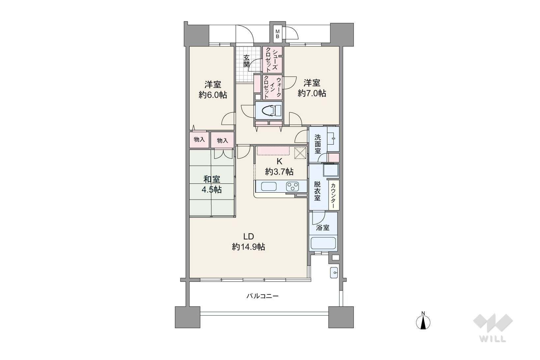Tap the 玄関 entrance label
[x=246, y=61]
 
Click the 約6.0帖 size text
[x=213, y=95]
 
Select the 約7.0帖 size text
[x=312, y=94]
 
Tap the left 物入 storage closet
[x=199, y=140]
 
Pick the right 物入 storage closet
[x=222, y=140]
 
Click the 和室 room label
[x=212, y=180]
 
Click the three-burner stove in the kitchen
[x=292, y=187]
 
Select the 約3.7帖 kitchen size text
[x=279, y=172]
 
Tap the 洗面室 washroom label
[x=318, y=144]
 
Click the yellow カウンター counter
[x=333, y=195]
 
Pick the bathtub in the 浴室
[x=323, y=243]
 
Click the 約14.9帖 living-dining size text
[x=248, y=247]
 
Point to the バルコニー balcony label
[x=263, y=296]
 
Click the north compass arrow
[x=423, y=322]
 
